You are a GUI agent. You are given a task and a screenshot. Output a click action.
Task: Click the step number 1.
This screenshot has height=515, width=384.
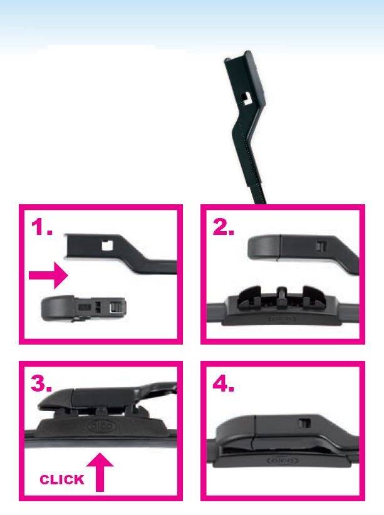[42, 227]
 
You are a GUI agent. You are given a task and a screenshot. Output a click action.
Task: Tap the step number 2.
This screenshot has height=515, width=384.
[224, 227]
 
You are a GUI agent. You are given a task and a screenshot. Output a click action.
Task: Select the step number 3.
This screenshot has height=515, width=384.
[41, 383]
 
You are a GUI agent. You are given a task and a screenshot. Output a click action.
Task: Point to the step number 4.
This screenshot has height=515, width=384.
[224, 383]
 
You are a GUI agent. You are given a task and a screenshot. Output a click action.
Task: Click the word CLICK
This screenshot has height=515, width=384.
[62, 480]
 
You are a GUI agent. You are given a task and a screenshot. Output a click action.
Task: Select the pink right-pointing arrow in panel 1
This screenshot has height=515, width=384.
[48, 275]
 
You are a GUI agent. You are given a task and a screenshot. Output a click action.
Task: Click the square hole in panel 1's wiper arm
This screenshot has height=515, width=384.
[106, 246]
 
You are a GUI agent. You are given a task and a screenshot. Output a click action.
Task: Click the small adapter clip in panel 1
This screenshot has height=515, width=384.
[83, 308]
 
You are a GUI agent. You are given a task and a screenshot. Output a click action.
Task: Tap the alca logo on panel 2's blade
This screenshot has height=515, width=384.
[282, 319]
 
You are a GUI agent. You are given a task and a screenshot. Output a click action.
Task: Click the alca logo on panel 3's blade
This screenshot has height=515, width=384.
[101, 427]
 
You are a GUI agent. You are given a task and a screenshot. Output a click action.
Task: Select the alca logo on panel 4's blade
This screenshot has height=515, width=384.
[283, 461]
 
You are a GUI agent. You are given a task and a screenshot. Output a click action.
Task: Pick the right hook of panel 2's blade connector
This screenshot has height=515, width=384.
[314, 297]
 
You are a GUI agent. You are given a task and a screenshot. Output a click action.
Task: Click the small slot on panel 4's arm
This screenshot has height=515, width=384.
[304, 423]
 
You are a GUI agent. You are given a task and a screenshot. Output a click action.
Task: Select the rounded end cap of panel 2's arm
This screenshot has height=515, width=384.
[264, 247]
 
